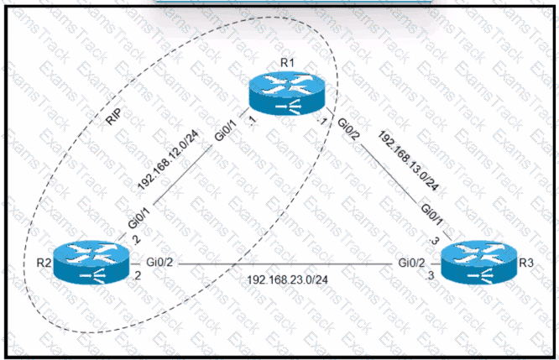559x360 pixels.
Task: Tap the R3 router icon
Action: (x=477, y=265)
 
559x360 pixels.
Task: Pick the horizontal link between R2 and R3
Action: (x=285, y=267)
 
